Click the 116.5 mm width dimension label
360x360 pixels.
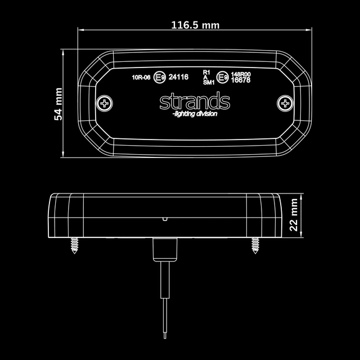click(195, 25)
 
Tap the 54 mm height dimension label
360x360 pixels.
click(58, 103)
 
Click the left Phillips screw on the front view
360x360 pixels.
click(103, 103)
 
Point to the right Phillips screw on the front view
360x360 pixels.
click(285, 103)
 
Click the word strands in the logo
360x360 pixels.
click(194, 102)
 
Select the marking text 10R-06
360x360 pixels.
click(141, 78)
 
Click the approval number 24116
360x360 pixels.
click(178, 78)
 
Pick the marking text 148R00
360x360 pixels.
click(241, 74)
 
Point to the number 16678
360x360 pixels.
click(241, 80)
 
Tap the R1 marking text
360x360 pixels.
click(206, 73)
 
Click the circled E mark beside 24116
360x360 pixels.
click(160, 78)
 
